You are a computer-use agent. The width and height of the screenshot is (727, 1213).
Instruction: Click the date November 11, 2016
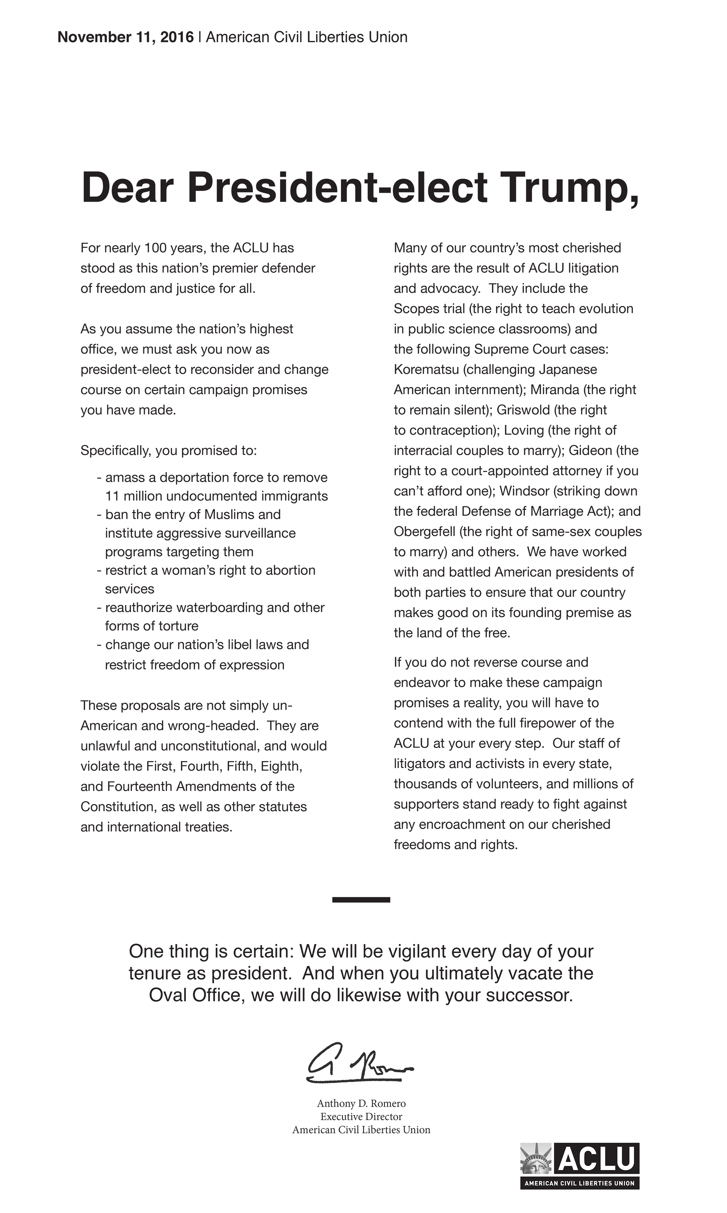coord(125,37)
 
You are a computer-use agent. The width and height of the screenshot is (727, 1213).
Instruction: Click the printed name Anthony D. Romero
coord(361,1104)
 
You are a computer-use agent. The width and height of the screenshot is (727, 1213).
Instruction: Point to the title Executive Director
coord(361,1117)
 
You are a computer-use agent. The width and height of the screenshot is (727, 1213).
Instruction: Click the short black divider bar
coord(361,900)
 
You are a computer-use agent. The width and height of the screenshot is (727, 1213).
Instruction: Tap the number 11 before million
coord(112,496)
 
